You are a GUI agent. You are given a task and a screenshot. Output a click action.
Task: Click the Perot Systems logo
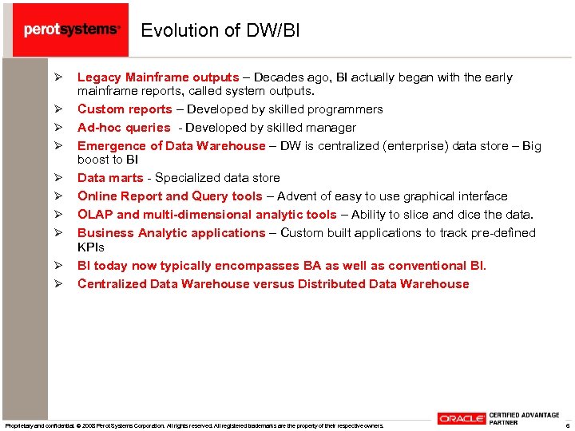72,30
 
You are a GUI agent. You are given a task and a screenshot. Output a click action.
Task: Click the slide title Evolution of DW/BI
220,30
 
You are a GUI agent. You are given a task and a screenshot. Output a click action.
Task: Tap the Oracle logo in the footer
461,418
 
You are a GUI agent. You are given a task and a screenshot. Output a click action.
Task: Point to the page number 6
566,425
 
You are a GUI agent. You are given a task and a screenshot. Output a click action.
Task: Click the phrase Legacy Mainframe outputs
157,77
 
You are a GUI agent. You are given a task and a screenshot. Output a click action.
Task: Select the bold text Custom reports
125,109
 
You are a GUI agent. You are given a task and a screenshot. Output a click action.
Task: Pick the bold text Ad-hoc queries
124,128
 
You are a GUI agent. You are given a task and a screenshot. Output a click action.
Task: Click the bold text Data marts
110,178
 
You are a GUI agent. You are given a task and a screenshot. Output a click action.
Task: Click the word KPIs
91,247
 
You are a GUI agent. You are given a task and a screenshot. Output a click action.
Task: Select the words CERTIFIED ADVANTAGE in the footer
523,414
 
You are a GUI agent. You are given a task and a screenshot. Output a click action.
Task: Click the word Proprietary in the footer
18,425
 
